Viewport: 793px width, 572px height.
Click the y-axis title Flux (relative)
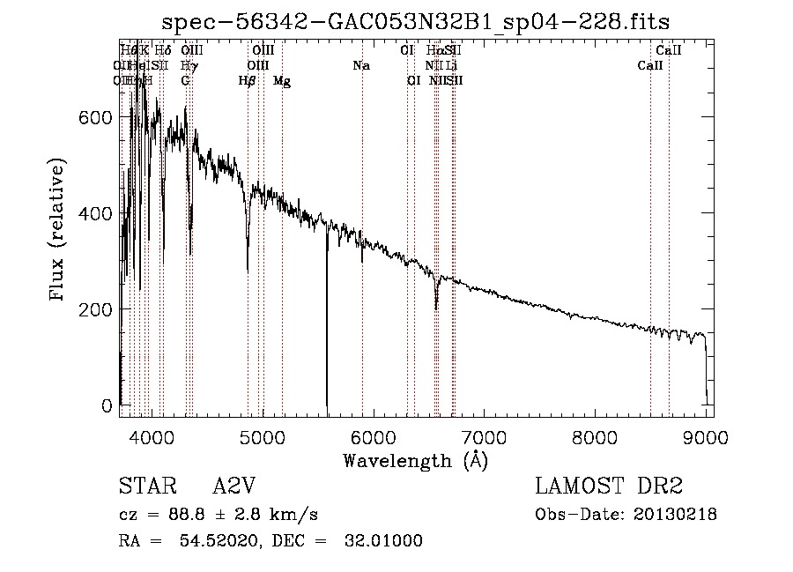pyautogui.click(x=59, y=232)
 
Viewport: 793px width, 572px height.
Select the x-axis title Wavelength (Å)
pyautogui.click(x=415, y=460)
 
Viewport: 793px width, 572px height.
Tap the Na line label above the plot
pyautogui.click(x=360, y=66)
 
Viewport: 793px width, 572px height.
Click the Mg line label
pyautogui.click(x=282, y=81)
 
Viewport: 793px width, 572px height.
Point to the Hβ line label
pyautogui.click(x=248, y=81)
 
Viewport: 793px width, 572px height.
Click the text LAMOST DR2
pyautogui.click(x=609, y=487)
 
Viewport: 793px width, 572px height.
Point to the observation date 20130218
pyautogui.click(x=674, y=515)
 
